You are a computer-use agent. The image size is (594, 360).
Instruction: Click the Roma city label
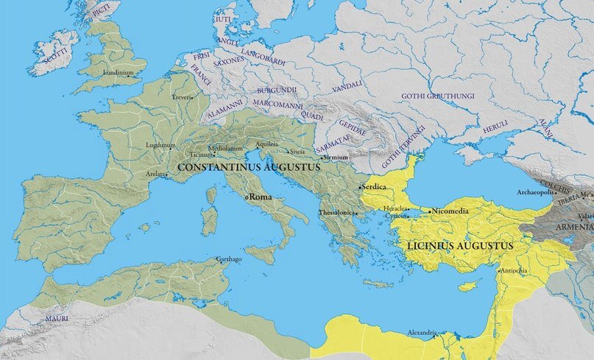262,197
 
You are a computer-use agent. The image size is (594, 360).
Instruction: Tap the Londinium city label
119,73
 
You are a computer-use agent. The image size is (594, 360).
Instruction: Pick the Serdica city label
375,187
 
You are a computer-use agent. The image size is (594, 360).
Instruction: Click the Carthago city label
228,259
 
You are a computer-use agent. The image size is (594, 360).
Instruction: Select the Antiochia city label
514,270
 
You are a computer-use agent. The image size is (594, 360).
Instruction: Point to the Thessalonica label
336,213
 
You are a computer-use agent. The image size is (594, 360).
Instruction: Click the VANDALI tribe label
347,87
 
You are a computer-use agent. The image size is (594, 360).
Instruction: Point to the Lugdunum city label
161,145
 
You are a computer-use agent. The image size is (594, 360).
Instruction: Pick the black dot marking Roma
247,197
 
